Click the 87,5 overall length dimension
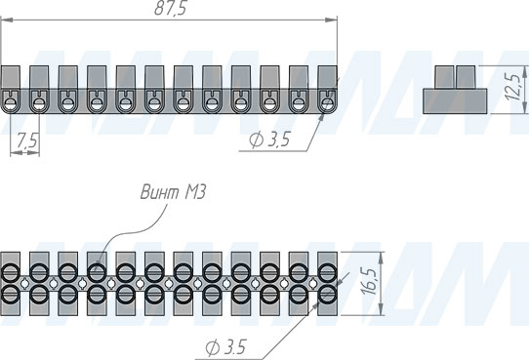click(x=170, y=8)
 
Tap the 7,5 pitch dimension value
click(x=26, y=141)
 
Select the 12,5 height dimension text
click(x=512, y=86)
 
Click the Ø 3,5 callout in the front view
click(x=269, y=140)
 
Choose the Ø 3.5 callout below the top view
click(x=225, y=347)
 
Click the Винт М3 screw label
click(x=173, y=192)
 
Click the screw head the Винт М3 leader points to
click(x=97, y=273)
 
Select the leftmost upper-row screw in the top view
click(x=10, y=273)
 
